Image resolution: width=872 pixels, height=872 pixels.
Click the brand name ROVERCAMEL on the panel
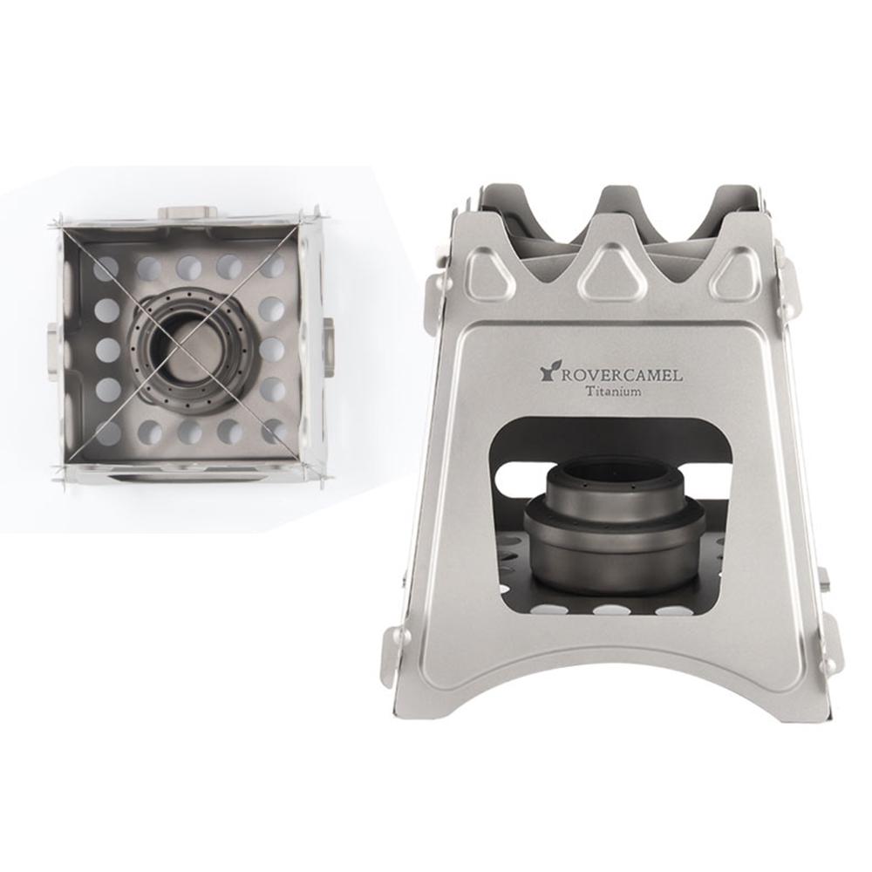pyautogui.click(x=621, y=375)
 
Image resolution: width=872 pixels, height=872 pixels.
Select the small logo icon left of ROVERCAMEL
pyautogui.click(x=548, y=373)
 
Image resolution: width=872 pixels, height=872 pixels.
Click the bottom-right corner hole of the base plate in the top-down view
pyautogui.click(x=273, y=431)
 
